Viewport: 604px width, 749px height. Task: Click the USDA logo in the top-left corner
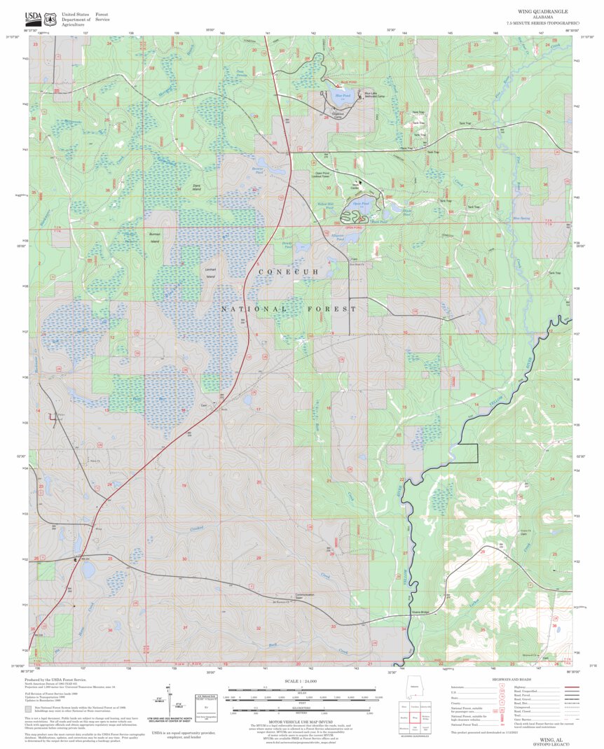[33, 19]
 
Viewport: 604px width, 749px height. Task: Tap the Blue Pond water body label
[342, 95]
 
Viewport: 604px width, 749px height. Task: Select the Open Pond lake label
[361, 204]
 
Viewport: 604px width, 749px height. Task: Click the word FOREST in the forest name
[329, 309]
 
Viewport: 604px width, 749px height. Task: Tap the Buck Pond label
[378, 222]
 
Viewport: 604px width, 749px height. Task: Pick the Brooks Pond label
[259, 170]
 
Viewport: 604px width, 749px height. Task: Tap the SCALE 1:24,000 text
[303, 680]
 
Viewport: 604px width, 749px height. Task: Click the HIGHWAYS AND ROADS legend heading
[512, 680]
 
